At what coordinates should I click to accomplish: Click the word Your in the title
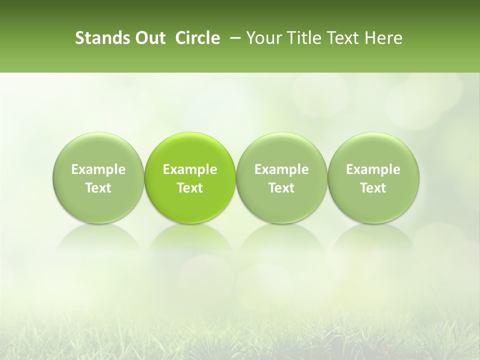(x=262, y=38)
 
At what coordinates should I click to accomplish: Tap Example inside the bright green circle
(x=190, y=169)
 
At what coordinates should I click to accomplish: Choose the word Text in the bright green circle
(x=190, y=188)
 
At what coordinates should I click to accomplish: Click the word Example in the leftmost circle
(x=98, y=169)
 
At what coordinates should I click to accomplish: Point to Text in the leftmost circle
(x=98, y=188)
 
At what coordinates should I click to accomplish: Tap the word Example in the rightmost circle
(x=373, y=169)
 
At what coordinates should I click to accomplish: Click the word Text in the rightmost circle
(x=373, y=188)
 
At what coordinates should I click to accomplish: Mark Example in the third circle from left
(x=281, y=169)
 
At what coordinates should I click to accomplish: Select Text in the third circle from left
(x=281, y=188)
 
